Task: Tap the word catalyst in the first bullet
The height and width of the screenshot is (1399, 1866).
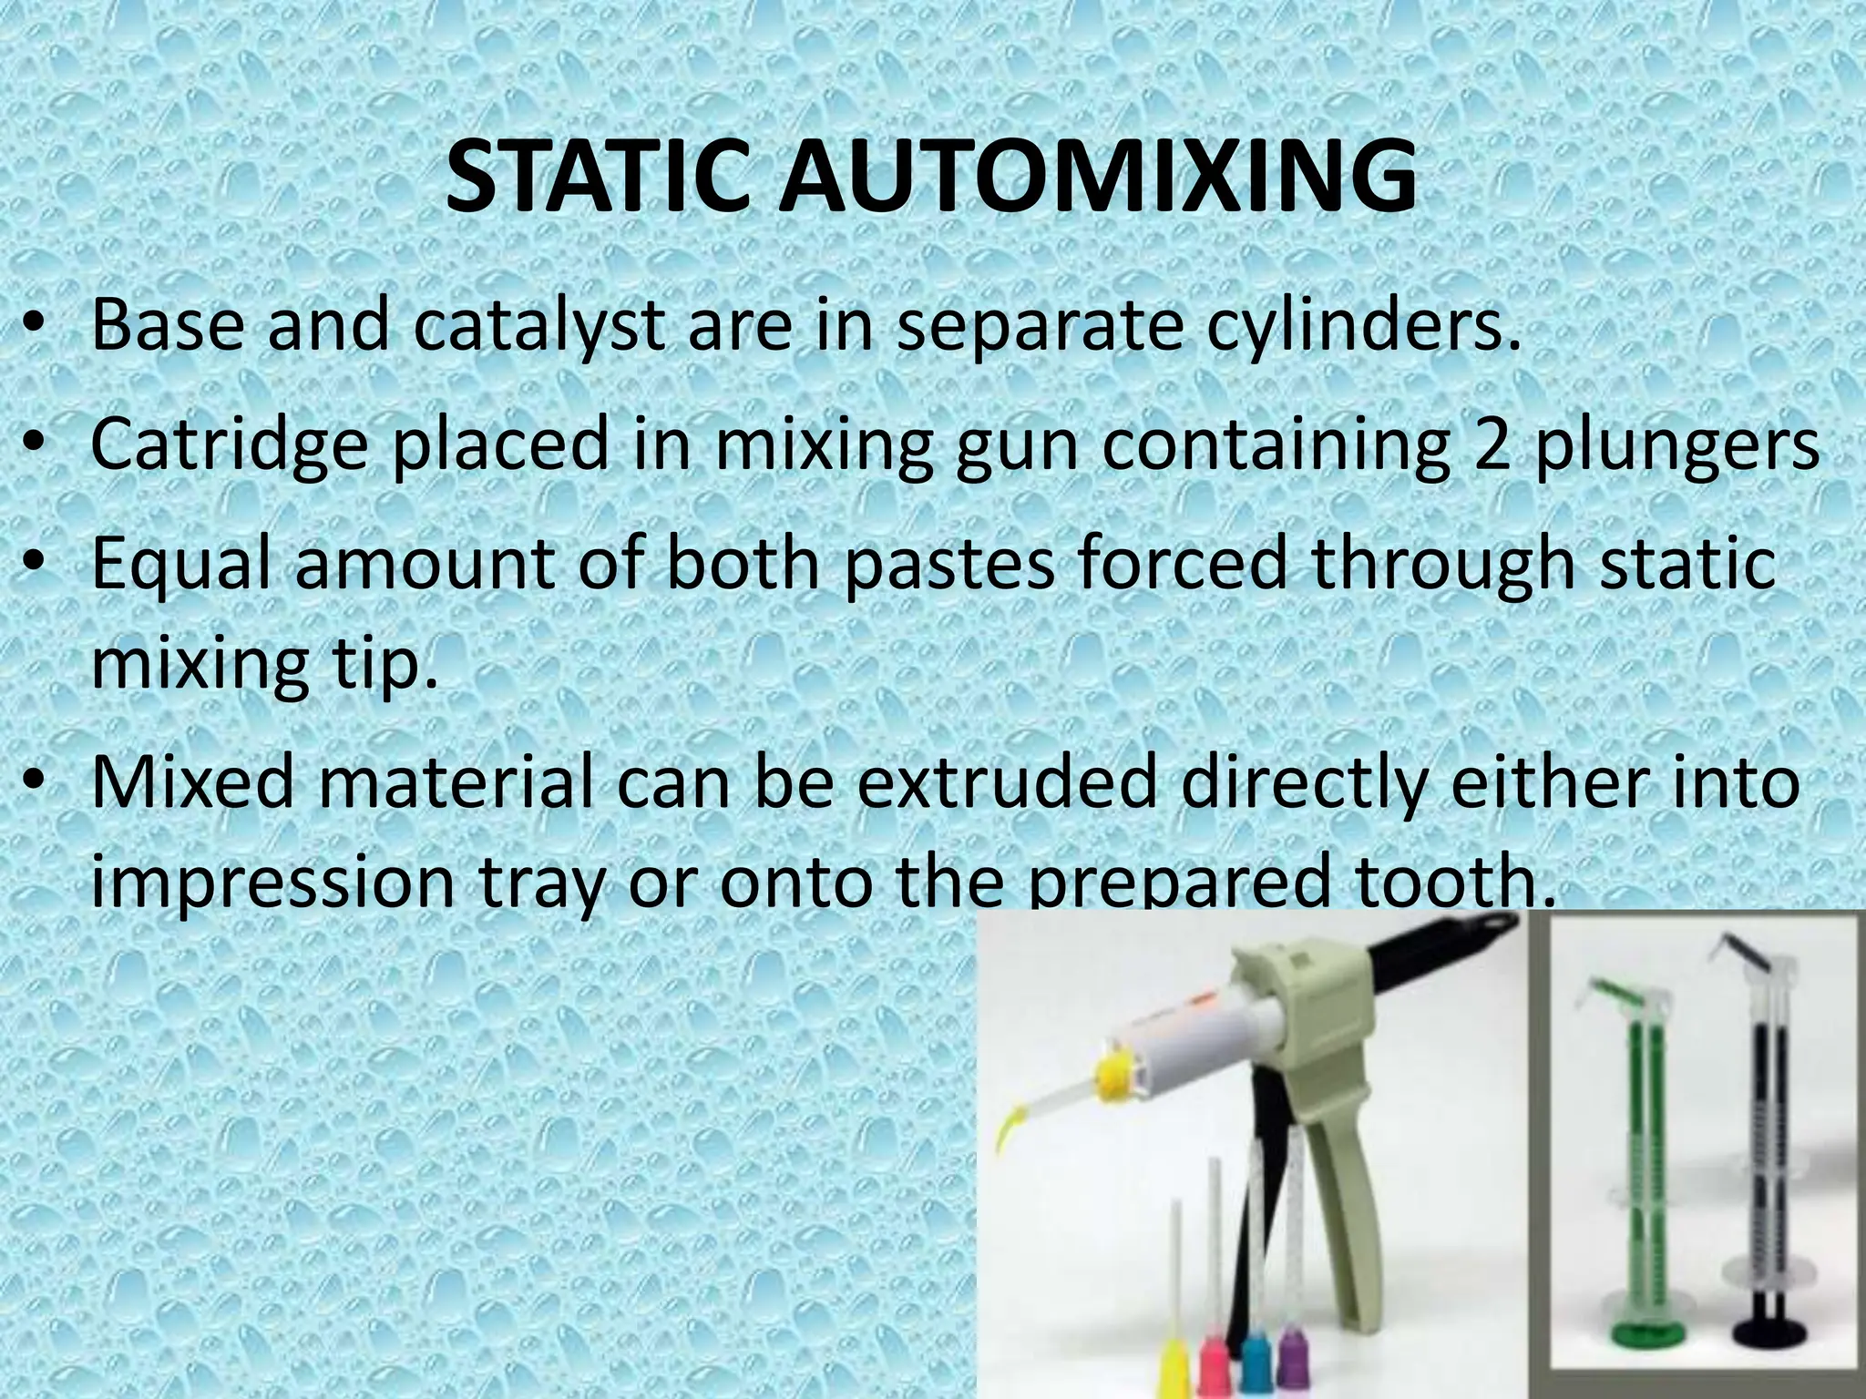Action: click(538, 325)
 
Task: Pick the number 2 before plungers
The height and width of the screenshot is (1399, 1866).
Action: click(1495, 444)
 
